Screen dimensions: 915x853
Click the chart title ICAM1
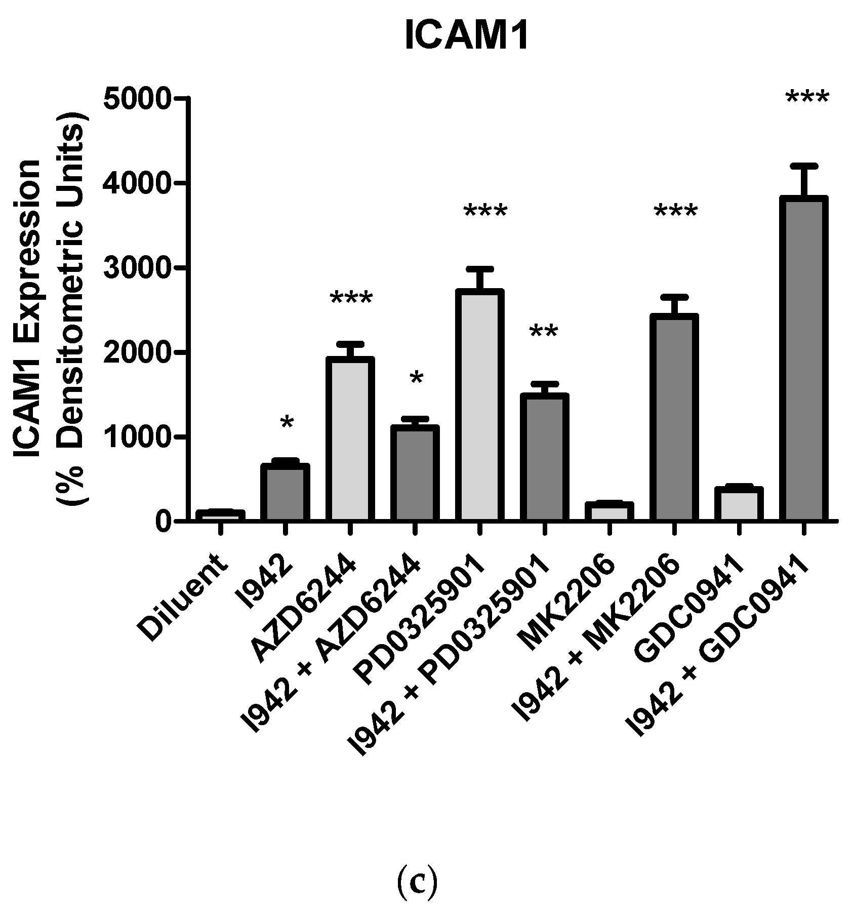467,36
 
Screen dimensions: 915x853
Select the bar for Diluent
220,515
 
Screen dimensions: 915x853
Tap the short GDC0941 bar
739,504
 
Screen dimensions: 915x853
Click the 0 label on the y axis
164,521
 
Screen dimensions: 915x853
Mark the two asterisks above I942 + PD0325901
544,333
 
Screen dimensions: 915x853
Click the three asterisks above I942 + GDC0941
807,98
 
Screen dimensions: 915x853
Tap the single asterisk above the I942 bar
287,422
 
